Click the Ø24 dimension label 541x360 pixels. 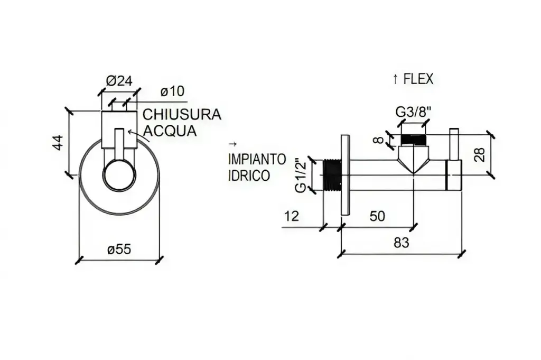[119, 81]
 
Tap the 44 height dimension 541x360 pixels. [58, 143]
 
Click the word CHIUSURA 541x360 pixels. [182, 115]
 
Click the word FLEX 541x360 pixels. [418, 79]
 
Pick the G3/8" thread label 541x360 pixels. [414, 112]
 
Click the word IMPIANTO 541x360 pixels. [257, 159]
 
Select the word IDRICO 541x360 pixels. [249, 176]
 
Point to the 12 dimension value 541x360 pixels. [291, 216]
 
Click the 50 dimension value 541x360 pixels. [377, 216]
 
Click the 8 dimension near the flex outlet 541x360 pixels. [377, 140]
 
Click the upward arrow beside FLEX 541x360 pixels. [395, 79]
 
